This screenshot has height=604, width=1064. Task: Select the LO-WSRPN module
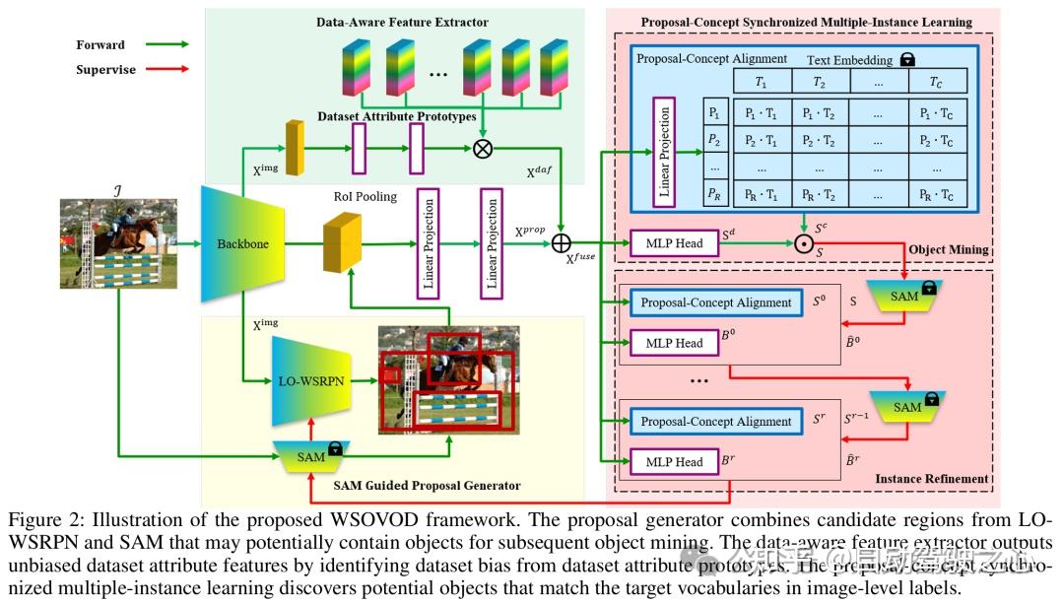(311, 379)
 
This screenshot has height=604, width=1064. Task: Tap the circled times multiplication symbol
(483, 148)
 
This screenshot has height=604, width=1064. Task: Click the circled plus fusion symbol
(562, 241)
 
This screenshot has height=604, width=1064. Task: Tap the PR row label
(714, 194)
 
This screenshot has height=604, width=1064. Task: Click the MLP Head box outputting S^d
(675, 240)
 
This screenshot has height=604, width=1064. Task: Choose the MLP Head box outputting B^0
(675, 343)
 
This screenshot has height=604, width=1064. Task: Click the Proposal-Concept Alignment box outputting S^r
(716, 422)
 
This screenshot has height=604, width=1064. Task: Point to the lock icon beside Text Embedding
(907, 59)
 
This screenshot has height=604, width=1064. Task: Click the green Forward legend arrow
(165, 44)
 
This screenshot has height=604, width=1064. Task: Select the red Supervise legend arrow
(165, 70)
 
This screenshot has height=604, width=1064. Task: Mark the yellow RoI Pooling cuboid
(339, 243)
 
